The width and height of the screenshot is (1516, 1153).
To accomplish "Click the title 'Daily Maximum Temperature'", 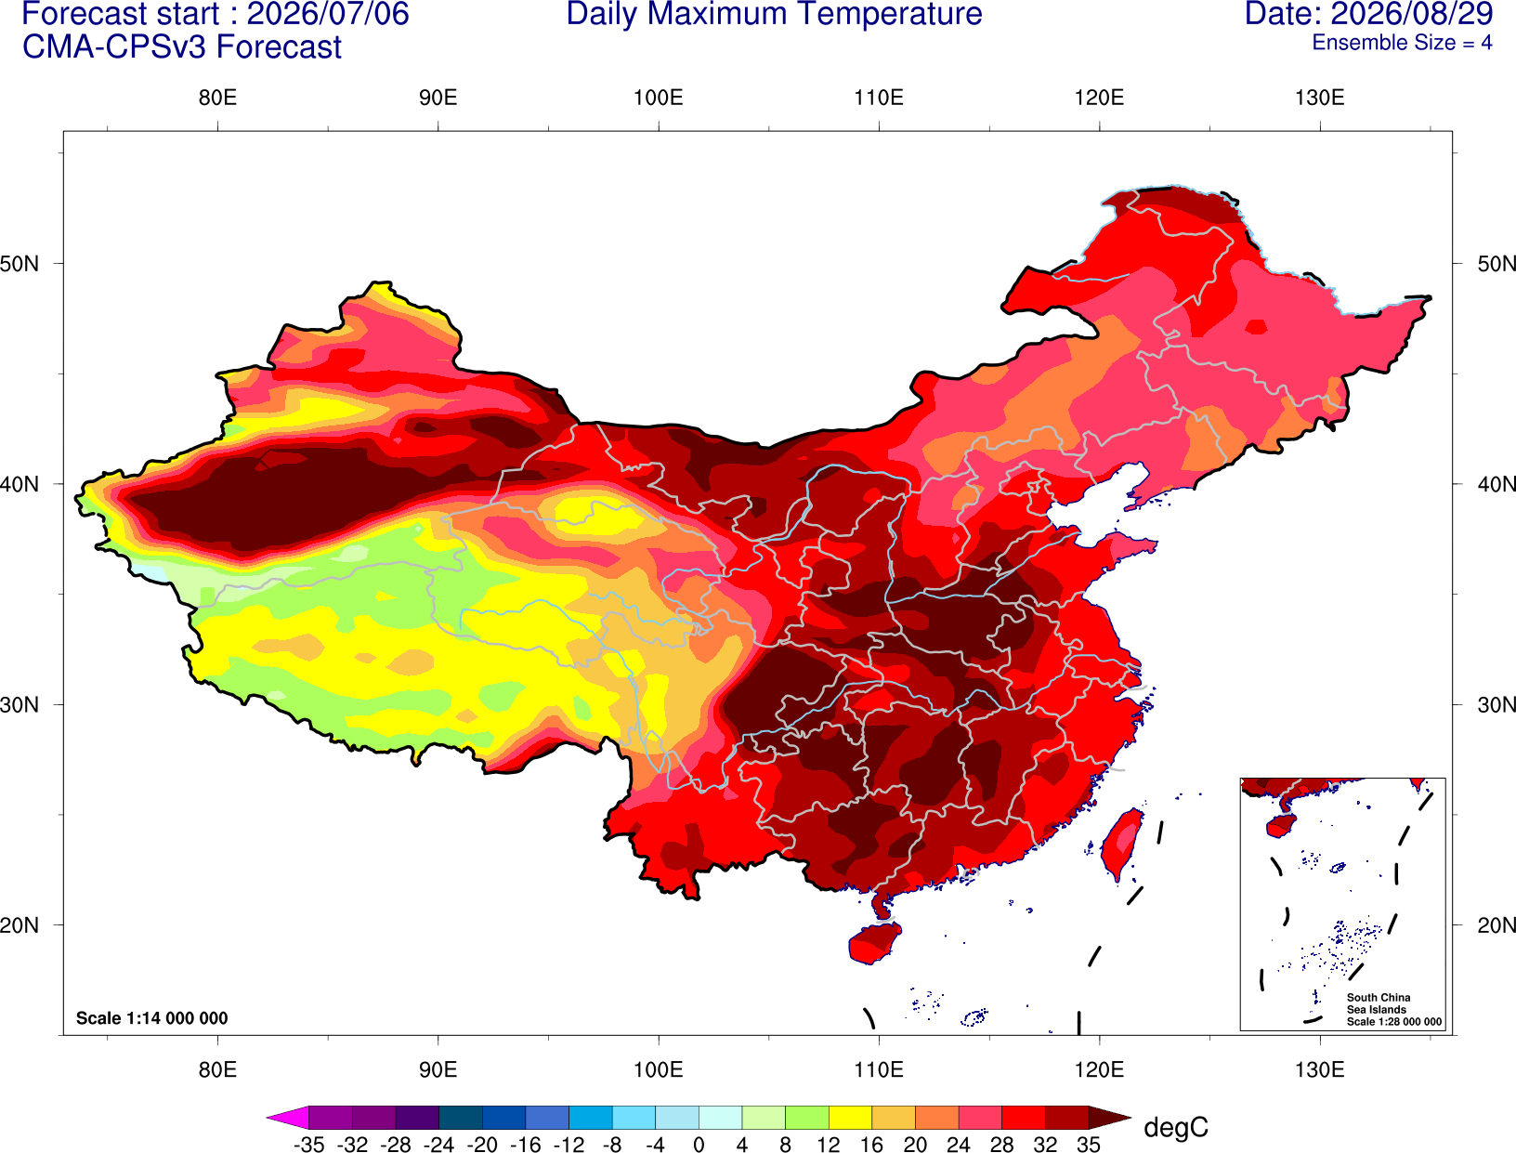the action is (x=774, y=14).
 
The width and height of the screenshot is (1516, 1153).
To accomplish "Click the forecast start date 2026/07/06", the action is (x=328, y=14).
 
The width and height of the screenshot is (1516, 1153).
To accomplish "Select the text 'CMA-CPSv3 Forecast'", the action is (x=182, y=47).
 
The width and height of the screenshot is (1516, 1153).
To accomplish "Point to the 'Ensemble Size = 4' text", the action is (x=1402, y=43).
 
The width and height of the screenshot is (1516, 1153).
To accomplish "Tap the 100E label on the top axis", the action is (x=659, y=98).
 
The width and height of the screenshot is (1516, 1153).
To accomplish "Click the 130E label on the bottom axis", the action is (x=1319, y=1069).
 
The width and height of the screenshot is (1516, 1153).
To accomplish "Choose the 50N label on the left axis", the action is (x=20, y=263).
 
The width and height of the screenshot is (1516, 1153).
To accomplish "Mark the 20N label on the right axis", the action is (x=1496, y=924).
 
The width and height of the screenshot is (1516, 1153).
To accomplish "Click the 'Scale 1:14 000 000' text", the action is (x=152, y=1017).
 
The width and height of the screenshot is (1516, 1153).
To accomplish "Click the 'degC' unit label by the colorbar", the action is (x=1175, y=1127).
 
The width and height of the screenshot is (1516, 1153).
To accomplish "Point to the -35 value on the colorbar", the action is (x=308, y=1145).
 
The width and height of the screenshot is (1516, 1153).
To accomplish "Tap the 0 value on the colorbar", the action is (x=699, y=1145).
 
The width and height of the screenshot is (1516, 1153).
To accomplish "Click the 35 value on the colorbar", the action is (x=1089, y=1145).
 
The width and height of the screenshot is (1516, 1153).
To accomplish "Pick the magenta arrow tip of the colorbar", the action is (x=268, y=1117).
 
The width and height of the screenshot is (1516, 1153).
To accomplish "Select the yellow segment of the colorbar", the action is (x=850, y=1117).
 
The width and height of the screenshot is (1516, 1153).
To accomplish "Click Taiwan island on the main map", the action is (x=1120, y=845).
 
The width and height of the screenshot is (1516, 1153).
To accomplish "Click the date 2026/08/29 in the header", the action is (x=1413, y=14).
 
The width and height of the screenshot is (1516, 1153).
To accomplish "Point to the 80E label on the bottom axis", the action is (x=217, y=1069).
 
